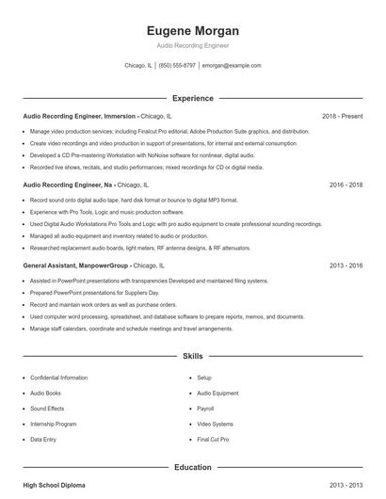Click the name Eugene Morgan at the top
click(x=192, y=30)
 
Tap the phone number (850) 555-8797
click(x=177, y=66)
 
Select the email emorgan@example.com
click(x=232, y=66)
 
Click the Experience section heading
click(x=192, y=98)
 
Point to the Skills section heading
click(x=192, y=358)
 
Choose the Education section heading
click(x=192, y=467)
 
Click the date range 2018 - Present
click(x=342, y=116)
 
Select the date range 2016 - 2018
click(x=346, y=185)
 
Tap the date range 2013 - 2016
click(x=346, y=266)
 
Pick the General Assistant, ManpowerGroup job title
click(x=75, y=266)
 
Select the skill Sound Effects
click(x=47, y=409)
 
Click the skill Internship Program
click(x=54, y=424)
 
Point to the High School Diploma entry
click(x=54, y=485)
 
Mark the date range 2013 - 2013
click(x=346, y=485)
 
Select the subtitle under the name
click(x=192, y=45)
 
